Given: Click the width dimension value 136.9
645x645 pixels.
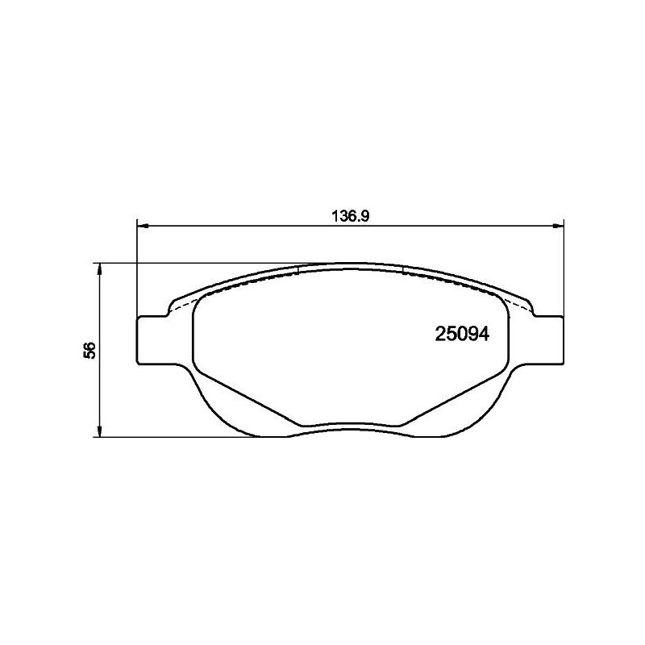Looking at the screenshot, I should coord(350,216).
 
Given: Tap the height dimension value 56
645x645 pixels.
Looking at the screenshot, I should coord(90,350).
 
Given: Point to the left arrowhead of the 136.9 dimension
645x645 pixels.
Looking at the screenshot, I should coord(143,227).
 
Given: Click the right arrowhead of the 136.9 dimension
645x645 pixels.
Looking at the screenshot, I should coord(559,227).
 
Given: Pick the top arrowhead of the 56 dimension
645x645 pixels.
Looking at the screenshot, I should coord(99,268).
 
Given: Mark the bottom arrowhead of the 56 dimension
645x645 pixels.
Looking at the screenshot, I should coord(99,432).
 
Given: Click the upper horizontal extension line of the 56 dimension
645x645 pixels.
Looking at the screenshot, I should coord(177,263).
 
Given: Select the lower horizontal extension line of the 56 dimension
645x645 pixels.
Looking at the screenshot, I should coord(177,438).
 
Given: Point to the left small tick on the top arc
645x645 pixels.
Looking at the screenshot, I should coord(298,268).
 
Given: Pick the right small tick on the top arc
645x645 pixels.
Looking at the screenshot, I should coord(402,268).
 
